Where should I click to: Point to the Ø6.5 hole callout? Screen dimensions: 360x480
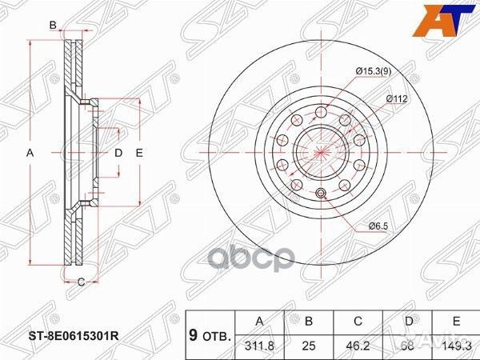378,227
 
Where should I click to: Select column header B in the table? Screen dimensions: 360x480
310,322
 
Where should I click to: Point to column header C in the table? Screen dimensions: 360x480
358,322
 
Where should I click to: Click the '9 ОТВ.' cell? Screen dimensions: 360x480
210,334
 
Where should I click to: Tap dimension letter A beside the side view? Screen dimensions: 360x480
30,152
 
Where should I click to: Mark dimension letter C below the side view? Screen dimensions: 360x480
82,280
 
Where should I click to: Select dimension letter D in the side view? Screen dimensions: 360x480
117,152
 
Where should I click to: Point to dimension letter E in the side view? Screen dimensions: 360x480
138,152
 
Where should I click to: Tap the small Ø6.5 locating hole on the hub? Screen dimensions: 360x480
321,194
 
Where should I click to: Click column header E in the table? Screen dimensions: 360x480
456,322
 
